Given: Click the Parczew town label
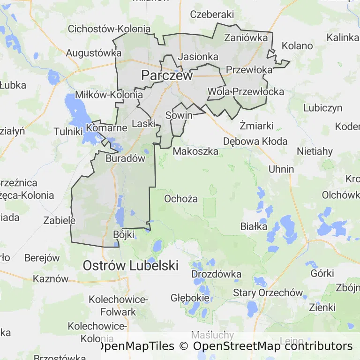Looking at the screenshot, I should (x=167, y=75).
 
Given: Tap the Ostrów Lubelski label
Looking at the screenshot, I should (x=130, y=265).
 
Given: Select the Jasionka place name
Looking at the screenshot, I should (x=199, y=56).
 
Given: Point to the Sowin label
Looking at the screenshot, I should (x=179, y=115).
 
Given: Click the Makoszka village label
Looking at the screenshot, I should (x=195, y=151).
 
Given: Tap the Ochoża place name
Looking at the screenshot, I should (x=180, y=199).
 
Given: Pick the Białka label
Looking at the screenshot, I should (x=254, y=226).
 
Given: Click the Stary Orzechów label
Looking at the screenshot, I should (x=268, y=293).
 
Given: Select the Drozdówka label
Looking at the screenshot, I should (x=216, y=274).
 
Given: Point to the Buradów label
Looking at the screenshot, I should (x=126, y=158).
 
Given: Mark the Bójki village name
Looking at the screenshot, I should (x=124, y=234).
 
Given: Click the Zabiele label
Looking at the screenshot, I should (x=59, y=220).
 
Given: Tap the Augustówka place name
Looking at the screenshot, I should (x=94, y=53).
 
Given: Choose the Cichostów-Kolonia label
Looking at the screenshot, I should (x=109, y=29).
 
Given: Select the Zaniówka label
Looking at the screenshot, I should (x=247, y=37).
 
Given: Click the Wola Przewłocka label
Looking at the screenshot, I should (x=246, y=91).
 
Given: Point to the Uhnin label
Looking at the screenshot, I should (x=281, y=169).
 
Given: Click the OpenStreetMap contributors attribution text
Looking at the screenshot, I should (x=272, y=346).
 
